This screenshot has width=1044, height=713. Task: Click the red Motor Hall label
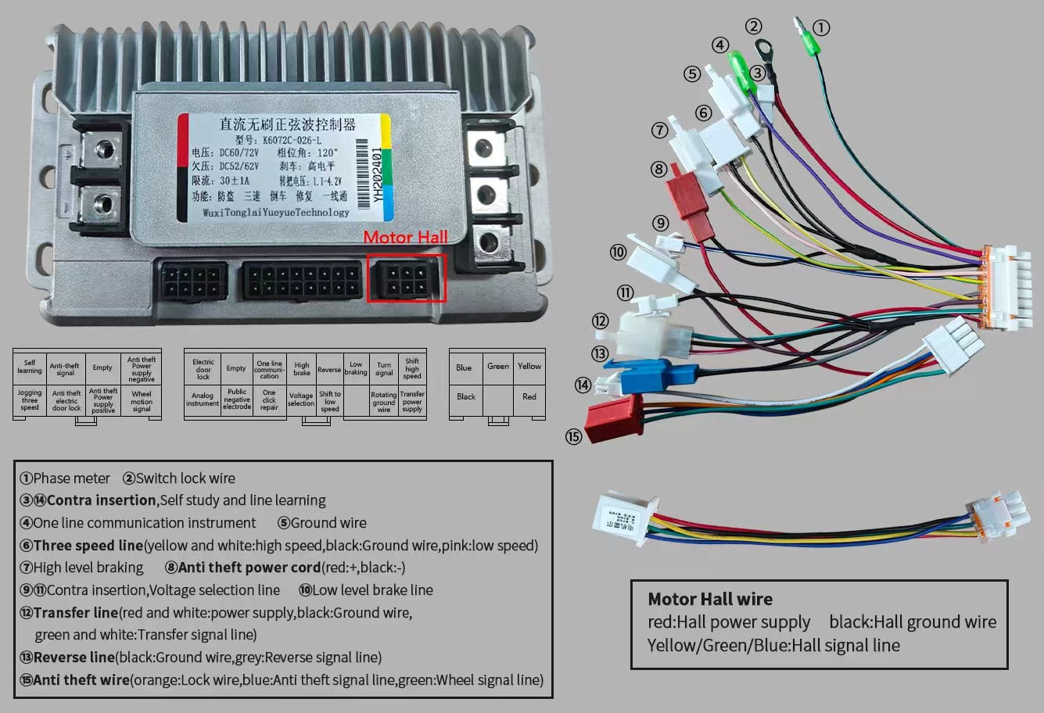(406, 237)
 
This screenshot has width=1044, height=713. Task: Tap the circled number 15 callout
(574, 436)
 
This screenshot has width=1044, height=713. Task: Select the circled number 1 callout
(820, 28)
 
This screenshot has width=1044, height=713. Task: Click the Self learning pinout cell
(30, 367)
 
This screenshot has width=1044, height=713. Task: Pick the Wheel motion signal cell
(142, 401)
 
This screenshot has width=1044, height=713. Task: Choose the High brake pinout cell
(301, 368)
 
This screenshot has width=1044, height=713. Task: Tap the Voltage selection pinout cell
(301, 399)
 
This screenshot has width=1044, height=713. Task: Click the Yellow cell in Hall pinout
(529, 366)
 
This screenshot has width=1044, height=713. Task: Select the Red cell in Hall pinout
(529, 396)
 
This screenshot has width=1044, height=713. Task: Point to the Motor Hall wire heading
(710, 600)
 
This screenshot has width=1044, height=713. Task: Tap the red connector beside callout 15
(615, 416)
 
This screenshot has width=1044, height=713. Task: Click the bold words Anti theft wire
(81, 680)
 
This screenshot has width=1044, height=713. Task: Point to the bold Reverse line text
(74, 657)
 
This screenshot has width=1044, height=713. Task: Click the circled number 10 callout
(618, 253)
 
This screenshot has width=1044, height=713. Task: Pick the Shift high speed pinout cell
(412, 368)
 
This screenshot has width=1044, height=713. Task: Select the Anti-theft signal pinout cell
(65, 368)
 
